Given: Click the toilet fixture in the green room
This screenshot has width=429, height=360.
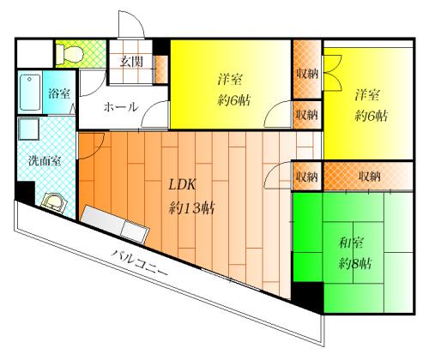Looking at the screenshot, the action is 69,54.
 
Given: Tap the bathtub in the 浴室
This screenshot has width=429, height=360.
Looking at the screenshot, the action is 30,93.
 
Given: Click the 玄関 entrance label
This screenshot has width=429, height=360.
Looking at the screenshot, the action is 131,62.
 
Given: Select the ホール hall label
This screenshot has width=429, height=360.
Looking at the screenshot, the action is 121,107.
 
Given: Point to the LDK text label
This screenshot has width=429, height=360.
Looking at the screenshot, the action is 182,185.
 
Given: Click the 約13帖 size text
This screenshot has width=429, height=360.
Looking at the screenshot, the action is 191,207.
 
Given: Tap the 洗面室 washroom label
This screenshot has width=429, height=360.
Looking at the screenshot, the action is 45,161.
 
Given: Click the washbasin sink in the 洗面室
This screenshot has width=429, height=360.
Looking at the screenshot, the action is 53,202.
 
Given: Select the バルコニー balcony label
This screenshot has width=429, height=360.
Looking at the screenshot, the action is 139,262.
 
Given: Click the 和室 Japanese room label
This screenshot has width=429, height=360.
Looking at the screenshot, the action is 352,243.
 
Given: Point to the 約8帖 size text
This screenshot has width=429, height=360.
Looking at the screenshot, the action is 355,263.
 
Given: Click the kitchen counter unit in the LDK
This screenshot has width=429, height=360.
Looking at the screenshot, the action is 115,225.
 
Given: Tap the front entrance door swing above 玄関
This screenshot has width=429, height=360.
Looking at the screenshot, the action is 131,24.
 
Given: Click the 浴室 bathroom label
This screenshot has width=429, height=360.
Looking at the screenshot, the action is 59,93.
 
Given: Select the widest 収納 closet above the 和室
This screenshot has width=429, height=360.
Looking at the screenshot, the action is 368,177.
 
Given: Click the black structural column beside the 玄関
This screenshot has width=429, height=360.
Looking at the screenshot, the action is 162,46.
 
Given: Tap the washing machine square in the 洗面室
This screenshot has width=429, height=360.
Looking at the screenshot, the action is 28,129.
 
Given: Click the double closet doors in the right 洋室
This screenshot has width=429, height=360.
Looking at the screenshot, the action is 331,73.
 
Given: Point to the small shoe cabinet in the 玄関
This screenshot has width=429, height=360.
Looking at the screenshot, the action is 162,69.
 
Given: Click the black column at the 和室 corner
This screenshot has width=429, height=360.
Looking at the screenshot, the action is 308,297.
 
